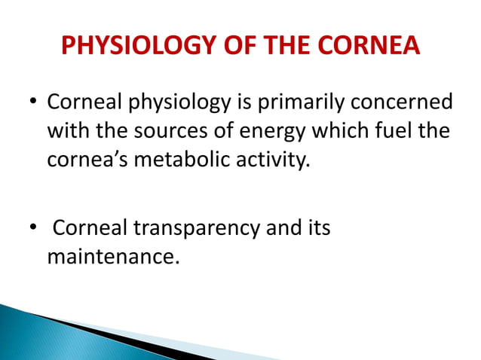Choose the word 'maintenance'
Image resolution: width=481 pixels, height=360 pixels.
coord(113,258)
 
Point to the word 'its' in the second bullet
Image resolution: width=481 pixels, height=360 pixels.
coord(317,228)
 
